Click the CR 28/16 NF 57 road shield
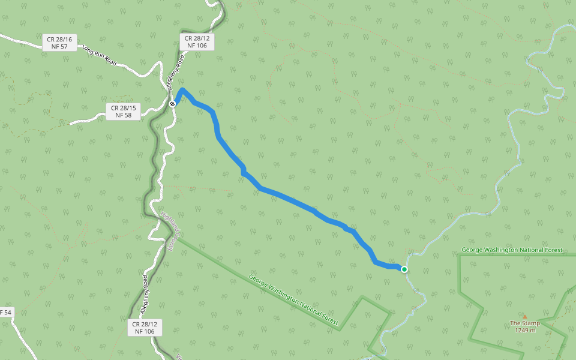(x=59, y=42)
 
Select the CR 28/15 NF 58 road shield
(x=123, y=111)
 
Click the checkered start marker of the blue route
(x=172, y=104)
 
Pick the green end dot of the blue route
(x=404, y=269)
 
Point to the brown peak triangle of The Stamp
(x=524, y=316)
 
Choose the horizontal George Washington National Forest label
(x=512, y=250)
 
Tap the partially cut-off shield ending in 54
(x=5, y=312)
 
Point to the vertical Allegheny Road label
(x=145, y=295)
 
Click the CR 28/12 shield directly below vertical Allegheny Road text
(x=145, y=327)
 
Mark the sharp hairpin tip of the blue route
(x=182, y=89)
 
